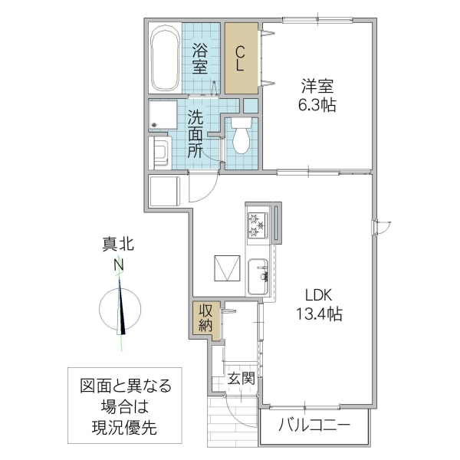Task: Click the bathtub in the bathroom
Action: pyautogui.click(x=165, y=59)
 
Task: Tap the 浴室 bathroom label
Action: pyautogui.click(x=201, y=59)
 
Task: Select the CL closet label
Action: pyautogui.click(x=240, y=59)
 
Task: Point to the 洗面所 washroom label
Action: pyautogui.click(x=196, y=134)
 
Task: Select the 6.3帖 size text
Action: pyautogui.click(x=317, y=105)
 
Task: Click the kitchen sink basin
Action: pyautogui.click(x=257, y=274)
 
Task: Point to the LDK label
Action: pyautogui.click(x=317, y=295)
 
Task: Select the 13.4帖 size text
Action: pyautogui.click(x=317, y=314)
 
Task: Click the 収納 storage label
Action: pyautogui.click(x=205, y=318)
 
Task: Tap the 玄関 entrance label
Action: pyautogui.click(x=241, y=378)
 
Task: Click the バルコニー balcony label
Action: pyautogui.click(x=314, y=424)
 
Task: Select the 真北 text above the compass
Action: pyautogui.click(x=119, y=245)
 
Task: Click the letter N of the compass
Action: pyautogui.click(x=119, y=265)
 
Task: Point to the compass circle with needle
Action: pyautogui.click(x=120, y=310)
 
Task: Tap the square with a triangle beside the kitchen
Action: pyautogui.click(x=228, y=268)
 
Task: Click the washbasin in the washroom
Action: pyautogui.click(x=162, y=150)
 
